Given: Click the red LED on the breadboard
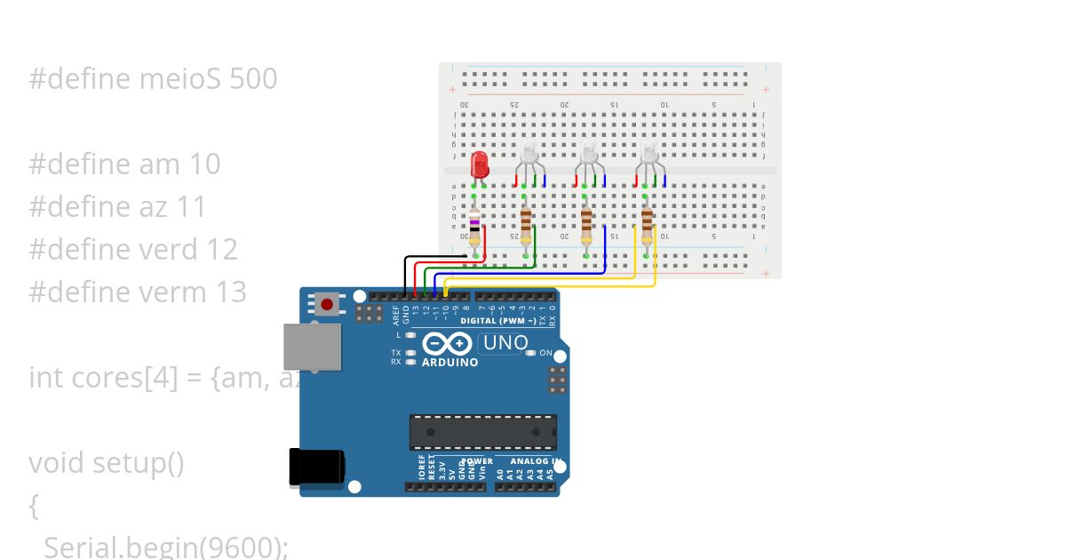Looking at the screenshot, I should (x=480, y=164).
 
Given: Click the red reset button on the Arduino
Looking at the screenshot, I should (x=327, y=305).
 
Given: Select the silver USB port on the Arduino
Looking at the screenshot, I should (x=312, y=347).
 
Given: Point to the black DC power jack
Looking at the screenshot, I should (x=317, y=468).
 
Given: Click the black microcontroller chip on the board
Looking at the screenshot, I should (x=482, y=432).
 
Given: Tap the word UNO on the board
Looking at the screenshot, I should (x=505, y=343).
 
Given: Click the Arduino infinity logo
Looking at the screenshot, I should (x=448, y=344).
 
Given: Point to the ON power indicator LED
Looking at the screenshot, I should (x=531, y=354).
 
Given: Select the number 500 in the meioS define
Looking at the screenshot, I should (x=253, y=79).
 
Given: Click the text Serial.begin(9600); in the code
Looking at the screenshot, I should (x=166, y=547).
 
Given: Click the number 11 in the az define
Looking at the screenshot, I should (x=192, y=207).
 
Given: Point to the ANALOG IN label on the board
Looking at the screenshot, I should (x=534, y=461).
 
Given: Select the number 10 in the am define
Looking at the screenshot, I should (x=204, y=164).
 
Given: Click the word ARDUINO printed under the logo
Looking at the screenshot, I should (x=449, y=363).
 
